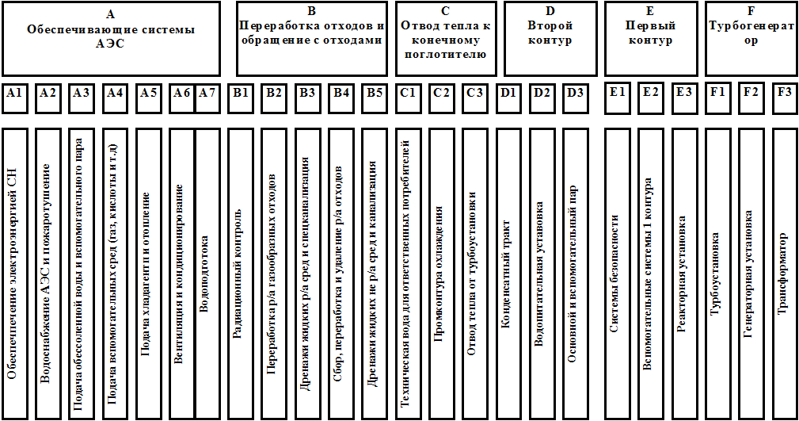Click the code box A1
14,93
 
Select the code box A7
207,93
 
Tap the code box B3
308,93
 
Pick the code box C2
441,93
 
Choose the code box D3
576,93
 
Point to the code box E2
651,93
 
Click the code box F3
784,93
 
